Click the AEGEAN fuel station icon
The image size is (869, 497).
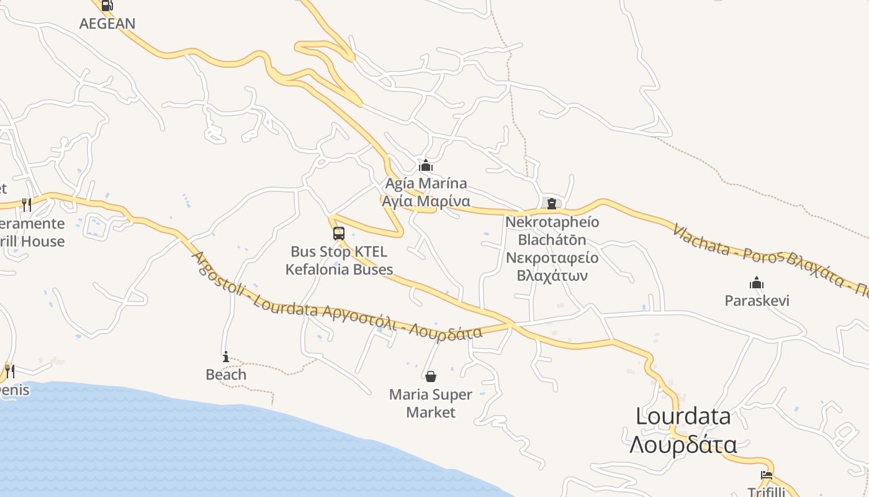[x=107, y=6]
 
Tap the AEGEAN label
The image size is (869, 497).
[x=107, y=24]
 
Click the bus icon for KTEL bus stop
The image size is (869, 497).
[x=339, y=234]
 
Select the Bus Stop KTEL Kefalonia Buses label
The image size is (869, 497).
[x=339, y=260]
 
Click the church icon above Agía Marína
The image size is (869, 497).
[x=426, y=165]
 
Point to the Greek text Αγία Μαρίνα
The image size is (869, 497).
[x=426, y=201]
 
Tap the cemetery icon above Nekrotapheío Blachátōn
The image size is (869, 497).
[x=551, y=203]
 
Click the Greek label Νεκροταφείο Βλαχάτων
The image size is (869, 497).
[x=552, y=267]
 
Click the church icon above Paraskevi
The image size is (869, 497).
[x=757, y=283]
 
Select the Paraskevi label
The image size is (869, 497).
[x=757, y=301]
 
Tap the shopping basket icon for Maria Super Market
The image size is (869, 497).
[x=431, y=376]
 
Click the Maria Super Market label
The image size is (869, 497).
[x=431, y=403]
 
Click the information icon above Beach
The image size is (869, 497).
[x=226, y=357]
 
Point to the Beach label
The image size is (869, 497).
[x=226, y=375]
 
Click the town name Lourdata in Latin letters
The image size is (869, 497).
[x=683, y=416]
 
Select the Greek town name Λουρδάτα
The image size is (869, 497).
[x=683, y=445]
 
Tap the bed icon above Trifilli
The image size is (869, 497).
[x=767, y=475]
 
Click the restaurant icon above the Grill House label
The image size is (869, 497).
[x=27, y=204]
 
